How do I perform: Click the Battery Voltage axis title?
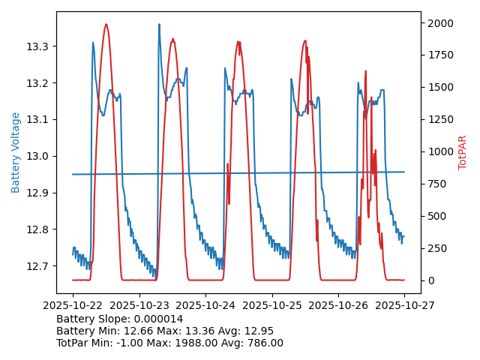coord(16,152)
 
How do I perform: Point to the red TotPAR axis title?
coord(463,152)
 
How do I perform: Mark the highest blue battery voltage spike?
coord(159,25)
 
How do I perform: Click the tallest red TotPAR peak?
coord(106,25)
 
